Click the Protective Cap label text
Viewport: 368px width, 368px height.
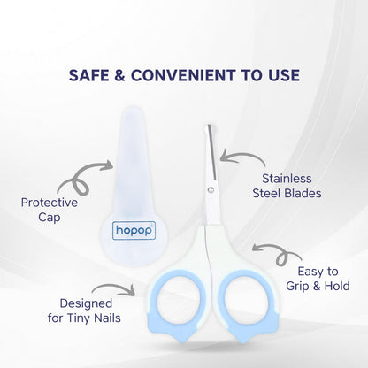point(49,211)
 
